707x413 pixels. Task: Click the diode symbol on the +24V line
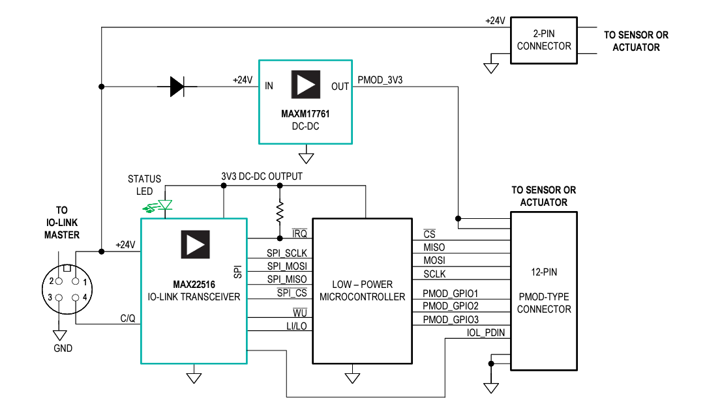click(x=177, y=86)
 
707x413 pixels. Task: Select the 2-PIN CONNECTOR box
click(x=543, y=40)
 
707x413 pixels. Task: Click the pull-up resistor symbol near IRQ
click(x=280, y=210)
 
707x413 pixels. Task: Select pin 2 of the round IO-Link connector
click(x=59, y=281)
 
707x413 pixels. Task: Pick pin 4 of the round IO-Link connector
click(x=76, y=298)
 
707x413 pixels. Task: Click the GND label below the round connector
click(x=63, y=349)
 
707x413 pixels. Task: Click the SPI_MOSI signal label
click(x=286, y=266)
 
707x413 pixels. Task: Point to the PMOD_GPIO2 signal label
click(x=451, y=306)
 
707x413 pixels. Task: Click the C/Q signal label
click(x=128, y=319)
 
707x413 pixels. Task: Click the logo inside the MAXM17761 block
click(x=305, y=85)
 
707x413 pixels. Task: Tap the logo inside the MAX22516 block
click(x=195, y=244)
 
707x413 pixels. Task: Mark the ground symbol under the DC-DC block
click(x=305, y=157)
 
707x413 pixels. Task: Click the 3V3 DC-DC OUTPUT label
click(x=262, y=177)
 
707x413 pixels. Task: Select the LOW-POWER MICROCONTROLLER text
click(x=363, y=291)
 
